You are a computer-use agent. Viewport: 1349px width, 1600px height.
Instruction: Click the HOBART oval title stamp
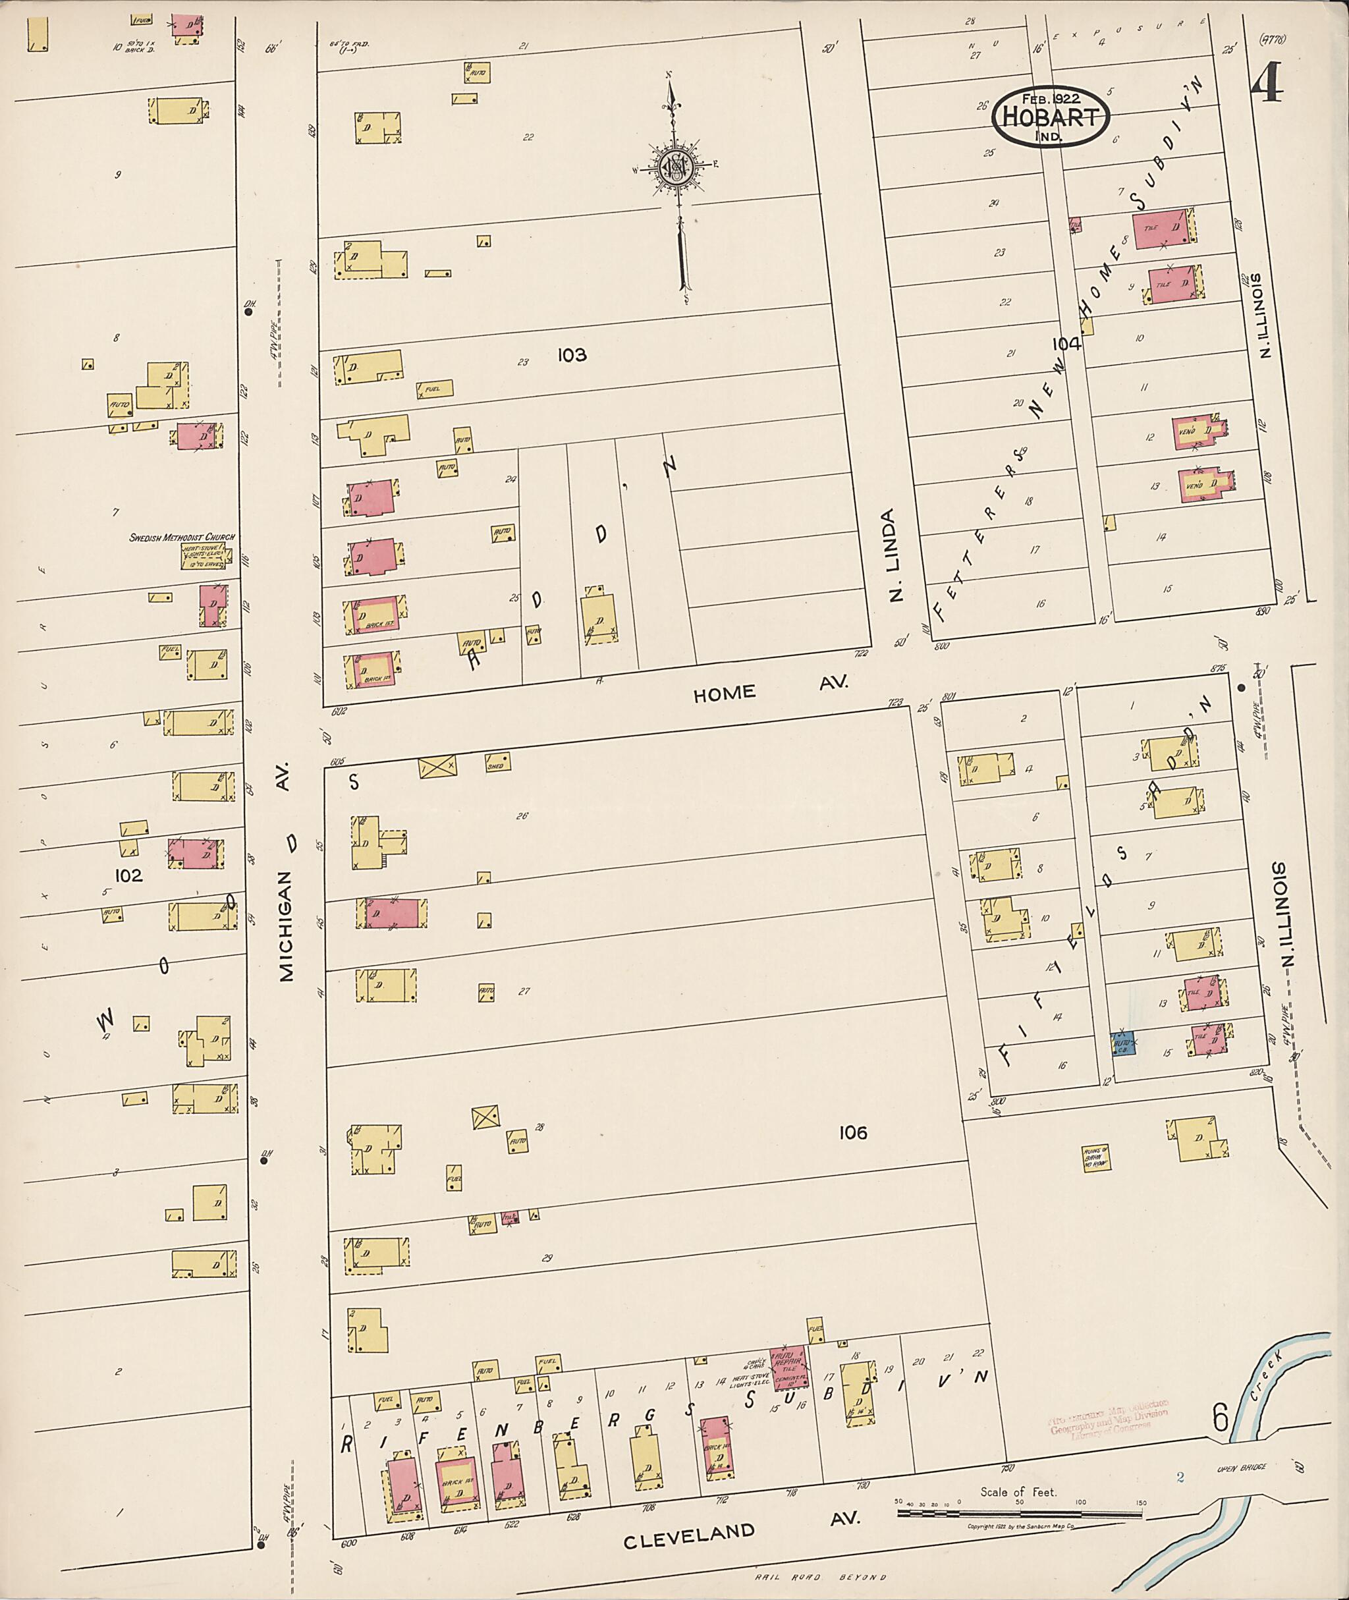tap(1050, 115)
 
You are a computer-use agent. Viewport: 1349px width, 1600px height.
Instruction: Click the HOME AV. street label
tap(770, 689)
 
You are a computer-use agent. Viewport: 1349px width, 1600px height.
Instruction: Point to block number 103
tap(571, 355)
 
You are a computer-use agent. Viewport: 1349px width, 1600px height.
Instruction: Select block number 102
tap(128, 875)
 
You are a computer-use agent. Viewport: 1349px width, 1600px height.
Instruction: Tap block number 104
tap(1065, 344)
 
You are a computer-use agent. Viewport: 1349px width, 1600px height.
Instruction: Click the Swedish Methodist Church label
tap(182, 538)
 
